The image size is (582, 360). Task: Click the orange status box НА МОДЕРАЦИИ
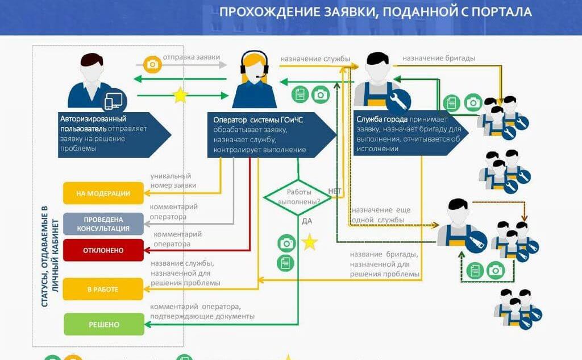click(x=103, y=193)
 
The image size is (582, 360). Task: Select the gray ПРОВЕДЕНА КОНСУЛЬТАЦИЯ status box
click(x=103, y=224)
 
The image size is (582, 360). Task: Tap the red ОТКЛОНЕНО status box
click(x=103, y=250)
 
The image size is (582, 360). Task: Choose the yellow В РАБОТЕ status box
click(x=103, y=289)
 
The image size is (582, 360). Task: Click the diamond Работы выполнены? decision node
click(x=299, y=197)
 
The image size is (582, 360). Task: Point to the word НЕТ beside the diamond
click(x=335, y=191)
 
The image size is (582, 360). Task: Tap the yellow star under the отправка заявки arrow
click(x=180, y=95)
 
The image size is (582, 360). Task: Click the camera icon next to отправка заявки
click(x=152, y=64)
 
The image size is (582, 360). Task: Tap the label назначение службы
click(x=315, y=58)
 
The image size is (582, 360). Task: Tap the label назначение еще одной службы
click(x=380, y=215)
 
